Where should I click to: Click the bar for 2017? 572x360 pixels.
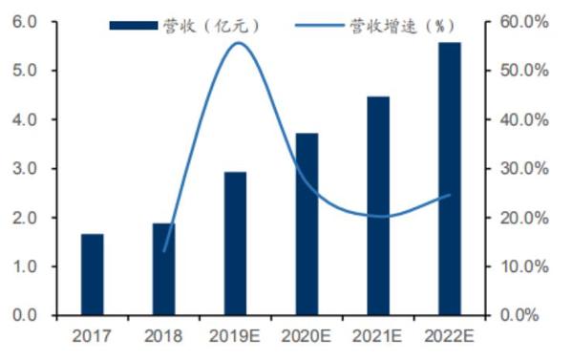pos(93,274)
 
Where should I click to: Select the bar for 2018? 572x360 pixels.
pos(164,269)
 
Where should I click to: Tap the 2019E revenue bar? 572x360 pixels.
pos(235,244)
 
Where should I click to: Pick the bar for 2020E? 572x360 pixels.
pos(307,224)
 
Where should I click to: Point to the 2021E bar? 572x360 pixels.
pos(378,205)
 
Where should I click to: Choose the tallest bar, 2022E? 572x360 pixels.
pos(450,179)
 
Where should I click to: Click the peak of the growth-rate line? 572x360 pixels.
pos(238,43)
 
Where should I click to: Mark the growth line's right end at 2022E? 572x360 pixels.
pos(450,195)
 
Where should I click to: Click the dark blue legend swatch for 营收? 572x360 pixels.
pos(134,26)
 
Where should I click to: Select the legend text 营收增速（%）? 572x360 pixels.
pos(402,26)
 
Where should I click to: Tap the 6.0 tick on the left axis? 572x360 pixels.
pos(25,22)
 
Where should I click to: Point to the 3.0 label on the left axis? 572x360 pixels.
pos(25,168)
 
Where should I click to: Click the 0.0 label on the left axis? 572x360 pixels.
pos(25,315)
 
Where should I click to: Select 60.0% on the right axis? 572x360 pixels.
pos(524,22)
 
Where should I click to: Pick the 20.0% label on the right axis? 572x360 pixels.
pos(524,218)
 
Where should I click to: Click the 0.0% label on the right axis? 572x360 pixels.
pos(519,315)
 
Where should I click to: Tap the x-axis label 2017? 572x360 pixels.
pos(92,336)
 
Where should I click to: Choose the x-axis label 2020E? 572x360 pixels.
pos(307,336)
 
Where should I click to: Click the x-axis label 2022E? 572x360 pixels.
pos(449,336)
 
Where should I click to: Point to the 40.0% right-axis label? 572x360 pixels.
pos(524,119)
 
